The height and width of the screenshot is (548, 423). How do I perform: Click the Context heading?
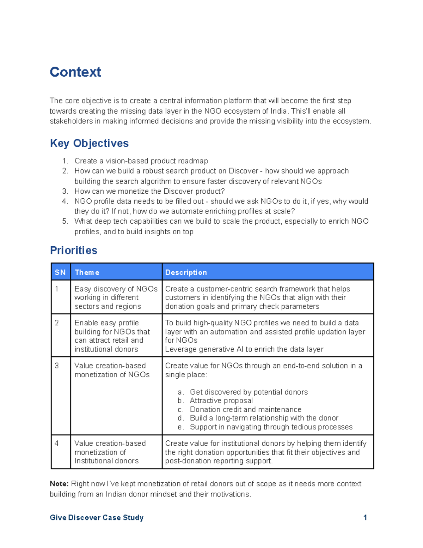point(75,72)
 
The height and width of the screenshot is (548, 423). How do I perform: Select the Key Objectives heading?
point(89,143)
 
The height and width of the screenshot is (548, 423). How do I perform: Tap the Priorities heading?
point(74,250)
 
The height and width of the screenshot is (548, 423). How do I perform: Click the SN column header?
point(60,272)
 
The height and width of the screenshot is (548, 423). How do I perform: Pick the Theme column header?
point(87,272)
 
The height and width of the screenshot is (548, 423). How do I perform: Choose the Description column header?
point(186,272)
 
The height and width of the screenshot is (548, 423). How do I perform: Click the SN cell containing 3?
point(57,366)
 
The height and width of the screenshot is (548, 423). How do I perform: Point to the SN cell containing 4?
point(57,443)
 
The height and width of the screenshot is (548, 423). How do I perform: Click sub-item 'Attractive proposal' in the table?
point(221,401)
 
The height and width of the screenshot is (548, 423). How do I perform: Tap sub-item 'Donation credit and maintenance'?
point(245,409)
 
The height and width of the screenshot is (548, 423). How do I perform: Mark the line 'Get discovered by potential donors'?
point(249,392)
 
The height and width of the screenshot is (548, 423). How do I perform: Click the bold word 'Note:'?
point(59,484)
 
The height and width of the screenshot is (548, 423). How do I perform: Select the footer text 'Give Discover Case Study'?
point(97,518)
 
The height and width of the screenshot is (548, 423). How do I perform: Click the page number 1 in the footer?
point(365,518)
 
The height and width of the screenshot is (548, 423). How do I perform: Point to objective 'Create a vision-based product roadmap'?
point(141,161)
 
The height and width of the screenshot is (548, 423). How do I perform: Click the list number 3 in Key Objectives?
point(65,191)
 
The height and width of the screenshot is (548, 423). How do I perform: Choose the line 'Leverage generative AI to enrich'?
point(244,349)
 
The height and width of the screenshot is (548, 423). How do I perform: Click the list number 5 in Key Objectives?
point(65,221)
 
